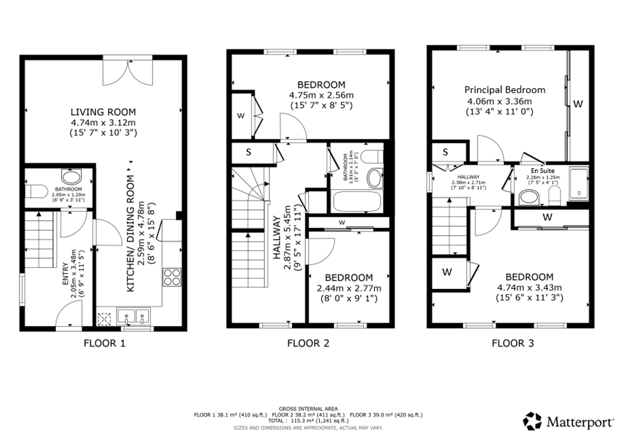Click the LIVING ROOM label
[x=103, y=112]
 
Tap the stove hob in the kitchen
[x=172, y=277]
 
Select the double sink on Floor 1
[x=133, y=316]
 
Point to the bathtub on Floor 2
[x=357, y=201]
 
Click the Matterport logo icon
[x=532, y=421]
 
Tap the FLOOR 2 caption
[x=308, y=343]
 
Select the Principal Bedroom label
[x=505, y=90]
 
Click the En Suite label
[x=543, y=171]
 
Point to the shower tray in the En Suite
[x=579, y=184]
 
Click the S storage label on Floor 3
[x=445, y=152]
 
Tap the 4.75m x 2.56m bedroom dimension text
[x=321, y=95]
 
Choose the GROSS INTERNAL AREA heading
[x=308, y=409]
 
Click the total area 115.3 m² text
[x=308, y=421]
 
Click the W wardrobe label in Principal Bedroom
[x=578, y=104]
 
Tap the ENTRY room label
[x=66, y=274]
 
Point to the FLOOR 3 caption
[x=513, y=343]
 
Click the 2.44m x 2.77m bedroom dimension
[x=349, y=288]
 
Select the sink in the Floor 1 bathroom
[x=71, y=177]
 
